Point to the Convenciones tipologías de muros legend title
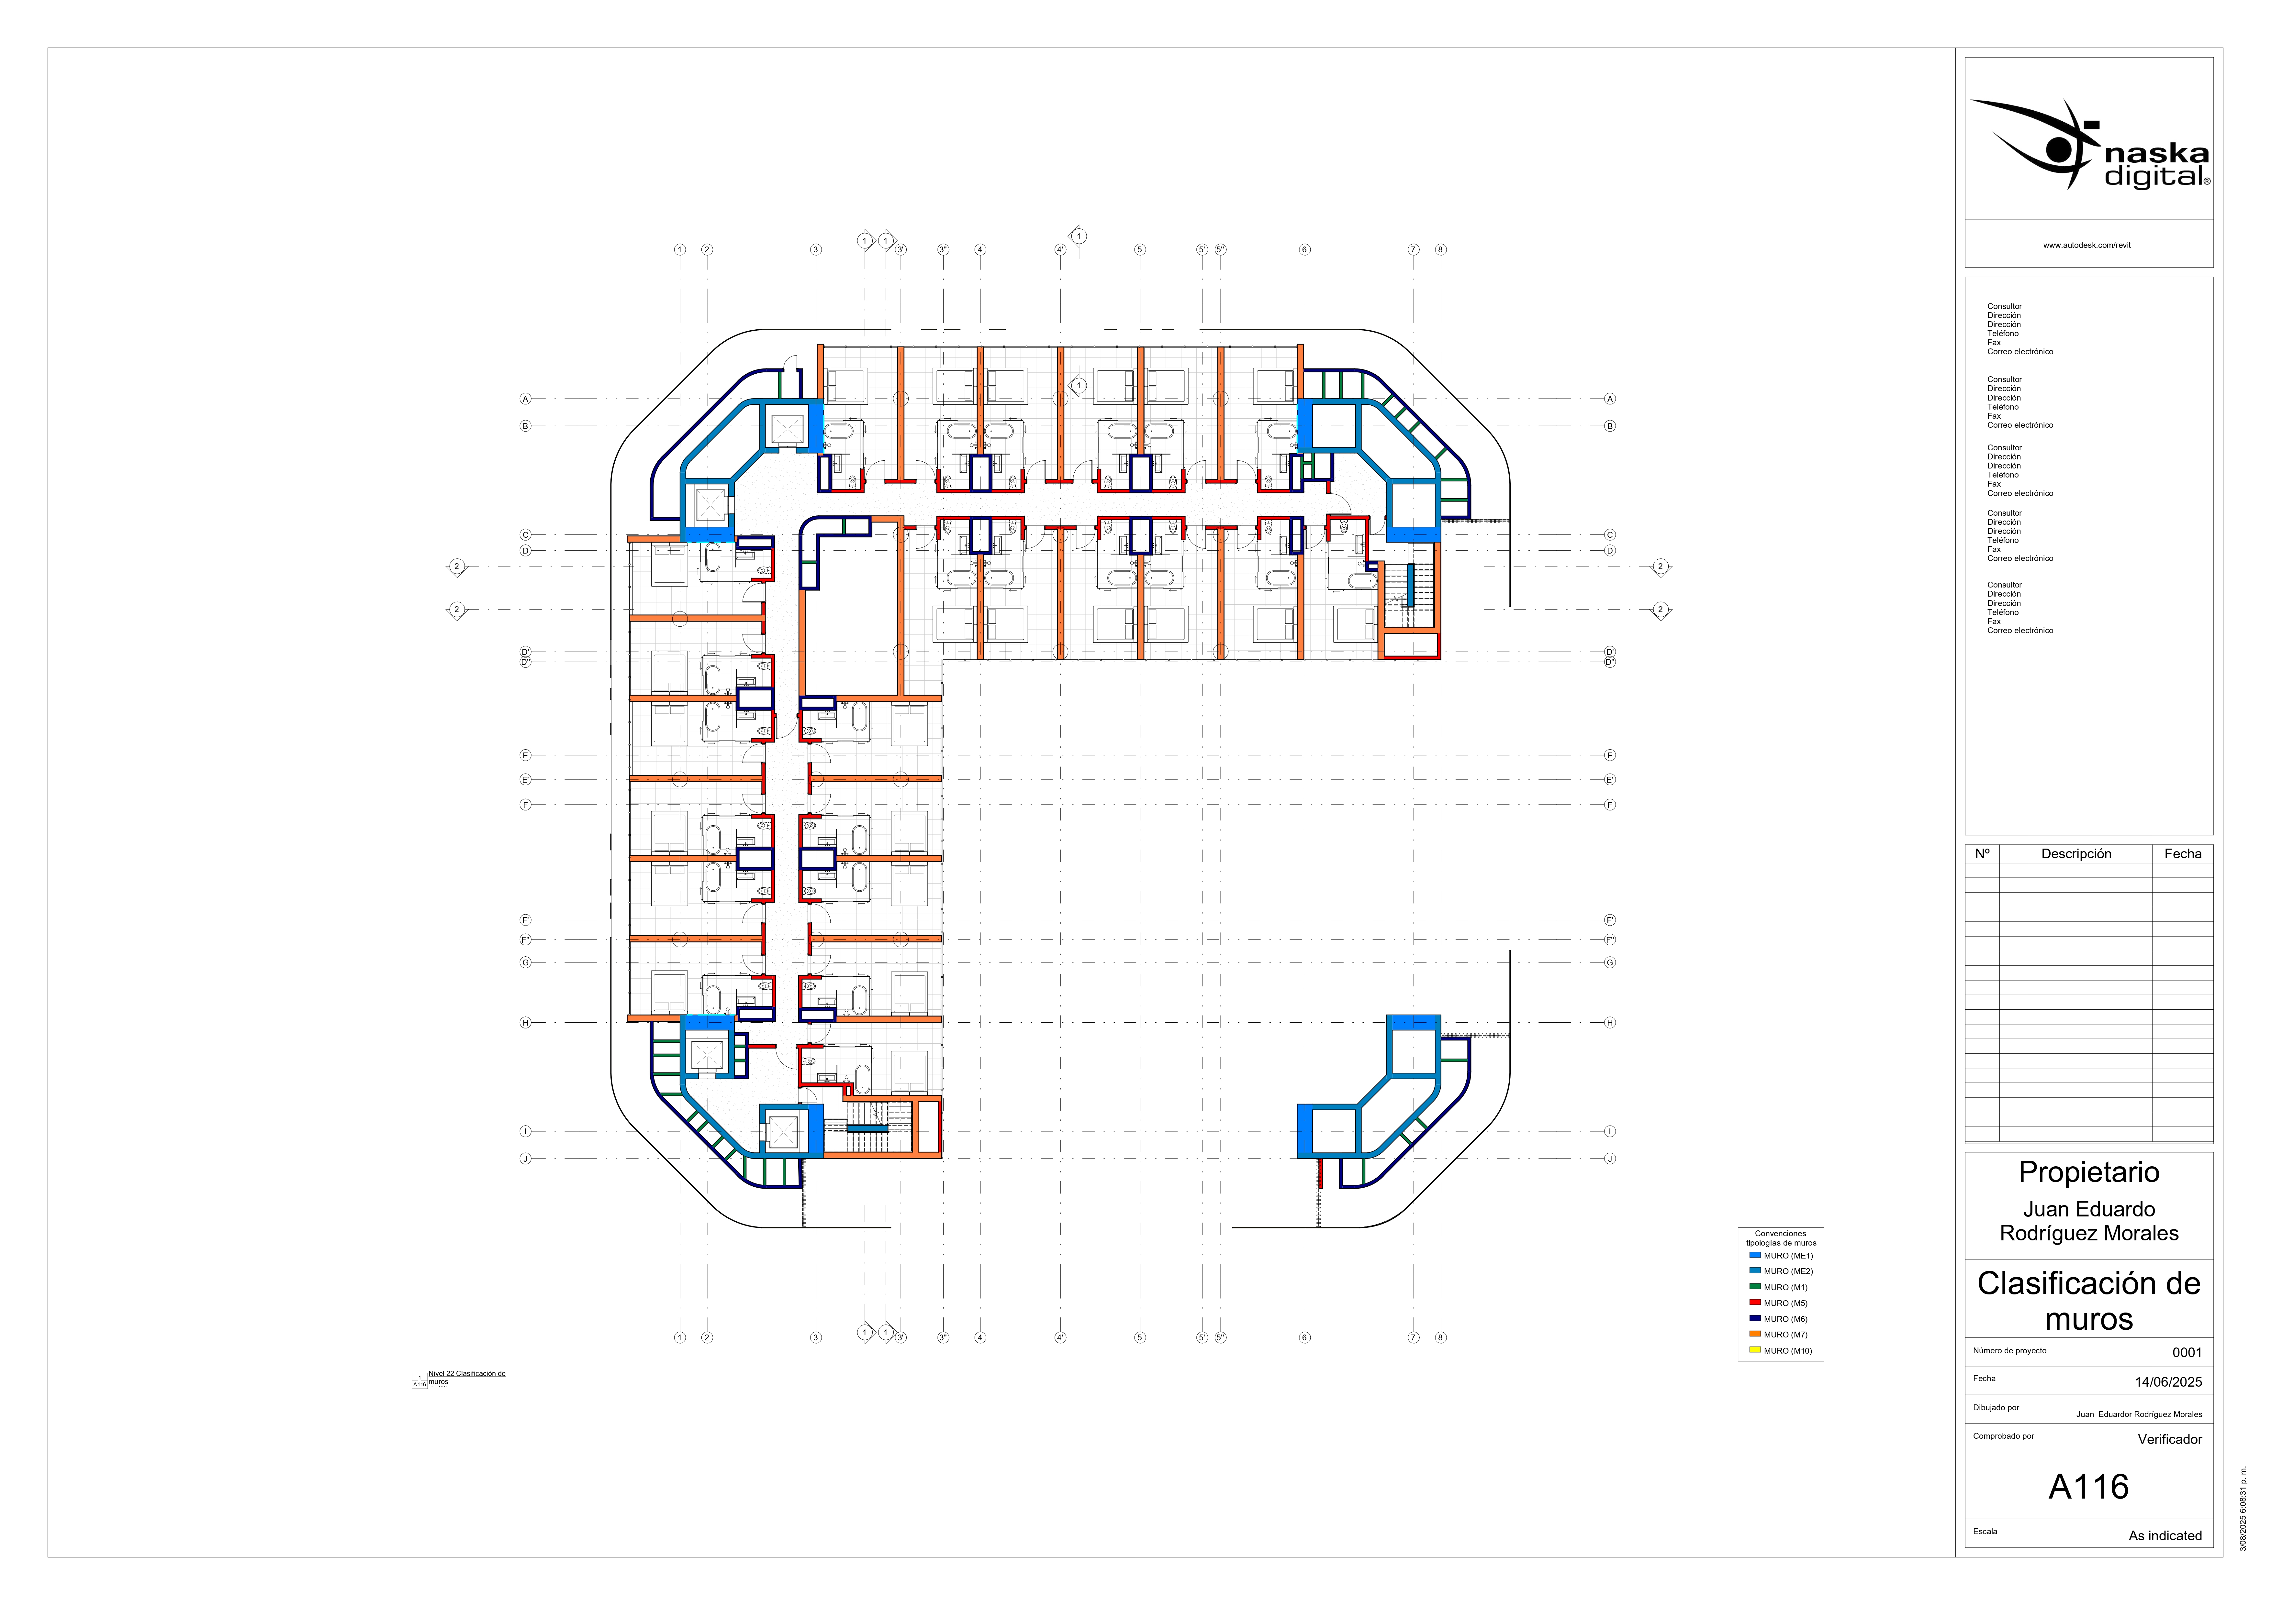1780,1238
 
